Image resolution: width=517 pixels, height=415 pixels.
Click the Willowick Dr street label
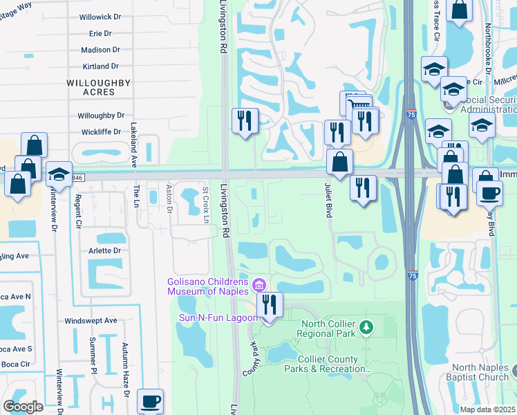click(100, 17)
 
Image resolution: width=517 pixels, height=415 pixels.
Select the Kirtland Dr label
click(100, 66)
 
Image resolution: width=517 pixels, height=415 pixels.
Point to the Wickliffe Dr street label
click(101, 131)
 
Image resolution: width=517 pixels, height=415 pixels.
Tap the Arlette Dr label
click(104, 250)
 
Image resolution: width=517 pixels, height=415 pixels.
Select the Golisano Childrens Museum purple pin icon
click(259, 284)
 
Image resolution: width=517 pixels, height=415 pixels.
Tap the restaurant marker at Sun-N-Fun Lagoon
click(269, 305)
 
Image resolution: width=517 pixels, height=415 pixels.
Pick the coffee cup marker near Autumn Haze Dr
click(150, 400)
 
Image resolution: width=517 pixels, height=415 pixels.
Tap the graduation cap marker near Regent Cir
click(59, 175)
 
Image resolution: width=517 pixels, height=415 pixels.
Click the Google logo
click(23, 407)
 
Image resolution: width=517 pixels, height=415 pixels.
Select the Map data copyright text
click(488, 409)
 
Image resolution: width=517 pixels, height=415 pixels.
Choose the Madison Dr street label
click(100, 50)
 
